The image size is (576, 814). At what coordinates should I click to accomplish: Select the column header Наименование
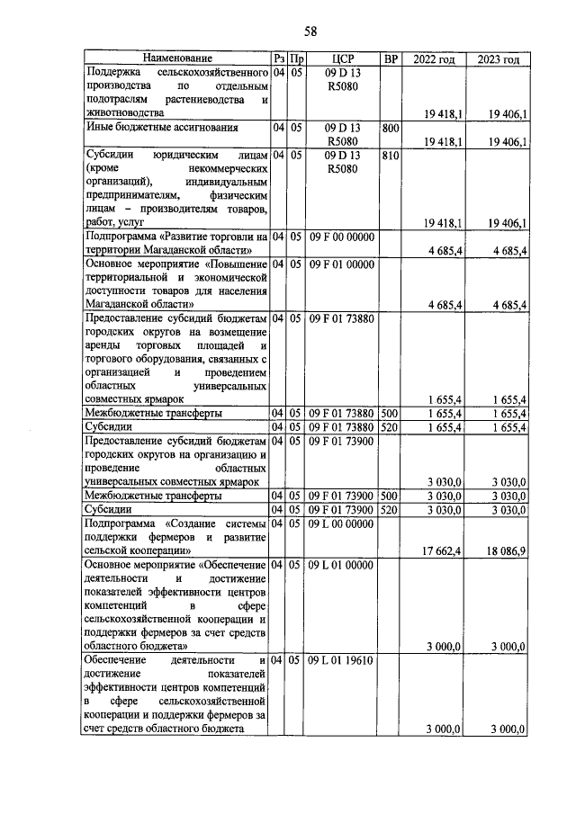pyautogui.click(x=177, y=59)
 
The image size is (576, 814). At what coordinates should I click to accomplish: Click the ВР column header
pyautogui.click(x=391, y=59)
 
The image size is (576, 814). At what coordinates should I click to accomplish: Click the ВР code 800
pyautogui.click(x=391, y=129)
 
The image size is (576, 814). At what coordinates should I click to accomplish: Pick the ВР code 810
pyautogui.click(x=391, y=156)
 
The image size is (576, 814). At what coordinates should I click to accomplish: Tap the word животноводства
pyautogui.click(x=124, y=113)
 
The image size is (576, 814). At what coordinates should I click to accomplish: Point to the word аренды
pyautogui.click(x=104, y=344)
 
